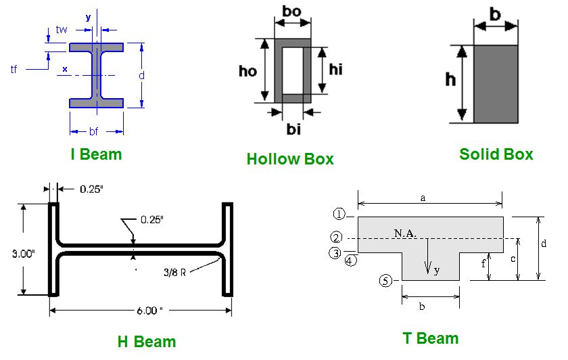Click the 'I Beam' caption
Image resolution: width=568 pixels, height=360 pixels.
[96, 154]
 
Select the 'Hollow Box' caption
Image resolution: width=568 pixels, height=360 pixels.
[290, 159]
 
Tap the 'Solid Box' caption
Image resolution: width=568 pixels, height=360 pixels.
[496, 154]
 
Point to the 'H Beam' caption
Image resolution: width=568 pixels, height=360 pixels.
[146, 342]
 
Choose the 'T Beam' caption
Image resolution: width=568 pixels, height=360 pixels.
[431, 338]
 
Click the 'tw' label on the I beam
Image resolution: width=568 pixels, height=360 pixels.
[62, 30]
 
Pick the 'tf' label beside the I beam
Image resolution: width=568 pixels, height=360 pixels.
[14, 69]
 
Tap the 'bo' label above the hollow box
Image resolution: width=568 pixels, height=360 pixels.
[292, 12]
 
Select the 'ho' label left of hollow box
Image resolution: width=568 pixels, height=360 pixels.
[248, 70]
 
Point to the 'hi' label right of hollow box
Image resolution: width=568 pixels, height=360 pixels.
[336, 69]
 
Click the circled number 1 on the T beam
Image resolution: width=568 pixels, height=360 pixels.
[339, 215]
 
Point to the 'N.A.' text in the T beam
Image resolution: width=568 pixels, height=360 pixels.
[406, 233]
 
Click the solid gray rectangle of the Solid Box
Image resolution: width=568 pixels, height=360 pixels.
[496, 84]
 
